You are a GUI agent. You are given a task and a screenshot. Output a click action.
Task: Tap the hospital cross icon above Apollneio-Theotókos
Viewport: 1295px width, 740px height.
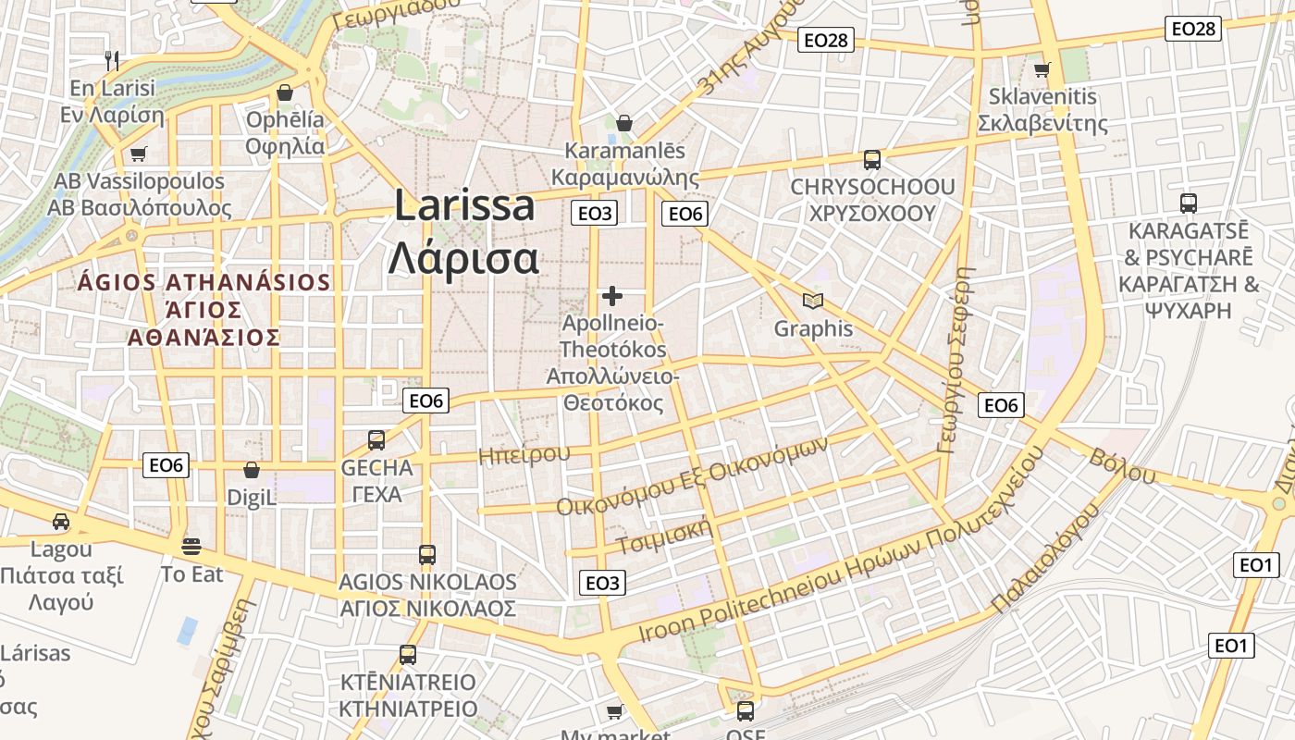pos(611,296)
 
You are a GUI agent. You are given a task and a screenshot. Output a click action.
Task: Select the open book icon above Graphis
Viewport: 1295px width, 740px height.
pos(813,301)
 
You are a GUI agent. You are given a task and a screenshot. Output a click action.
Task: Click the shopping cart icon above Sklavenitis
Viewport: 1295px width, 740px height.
pos(1042,69)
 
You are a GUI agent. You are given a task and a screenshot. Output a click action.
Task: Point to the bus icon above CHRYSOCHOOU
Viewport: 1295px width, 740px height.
pos(871,160)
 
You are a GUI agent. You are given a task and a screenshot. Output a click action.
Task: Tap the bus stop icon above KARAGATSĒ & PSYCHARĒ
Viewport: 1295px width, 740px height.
pos(1189,203)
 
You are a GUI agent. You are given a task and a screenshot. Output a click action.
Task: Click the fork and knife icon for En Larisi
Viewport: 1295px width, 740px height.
pos(112,61)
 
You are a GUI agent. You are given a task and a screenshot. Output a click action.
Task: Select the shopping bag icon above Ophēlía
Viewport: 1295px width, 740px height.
pos(285,92)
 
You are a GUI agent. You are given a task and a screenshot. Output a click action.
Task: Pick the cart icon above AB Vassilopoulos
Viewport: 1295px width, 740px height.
pos(138,154)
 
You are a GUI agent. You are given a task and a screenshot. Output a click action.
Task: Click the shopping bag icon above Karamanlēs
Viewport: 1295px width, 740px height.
pos(624,123)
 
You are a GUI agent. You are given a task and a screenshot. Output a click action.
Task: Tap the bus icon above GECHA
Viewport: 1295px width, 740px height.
pos(376,440)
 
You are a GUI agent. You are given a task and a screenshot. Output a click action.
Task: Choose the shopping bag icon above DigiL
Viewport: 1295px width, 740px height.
pos(252,470)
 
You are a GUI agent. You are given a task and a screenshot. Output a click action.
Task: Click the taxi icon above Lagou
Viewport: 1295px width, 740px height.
pos(61,522)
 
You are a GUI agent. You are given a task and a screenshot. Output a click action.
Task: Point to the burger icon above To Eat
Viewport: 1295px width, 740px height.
pos(192,546)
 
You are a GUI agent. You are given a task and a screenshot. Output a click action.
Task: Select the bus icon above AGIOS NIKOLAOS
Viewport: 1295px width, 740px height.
pos(426,555)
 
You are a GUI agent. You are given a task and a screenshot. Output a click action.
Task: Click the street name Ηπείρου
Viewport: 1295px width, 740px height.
pos(524,454)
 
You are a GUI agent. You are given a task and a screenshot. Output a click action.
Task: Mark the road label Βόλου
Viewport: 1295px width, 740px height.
pos(1122,465)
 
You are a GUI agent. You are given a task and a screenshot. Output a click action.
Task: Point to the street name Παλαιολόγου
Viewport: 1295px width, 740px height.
pos(1045,558)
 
